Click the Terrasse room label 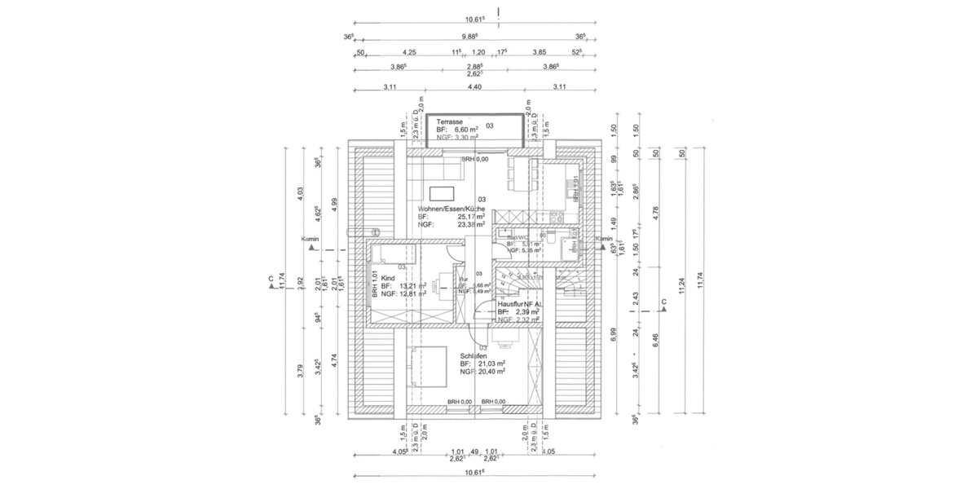point(451,121)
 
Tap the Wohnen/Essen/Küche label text point(452,209)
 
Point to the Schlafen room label point(474,357)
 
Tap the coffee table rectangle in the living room point(441,193)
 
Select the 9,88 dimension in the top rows point(469,37)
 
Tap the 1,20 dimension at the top point(479,52)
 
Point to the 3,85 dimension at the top point(539,52)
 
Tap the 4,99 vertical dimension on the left point(334,203)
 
